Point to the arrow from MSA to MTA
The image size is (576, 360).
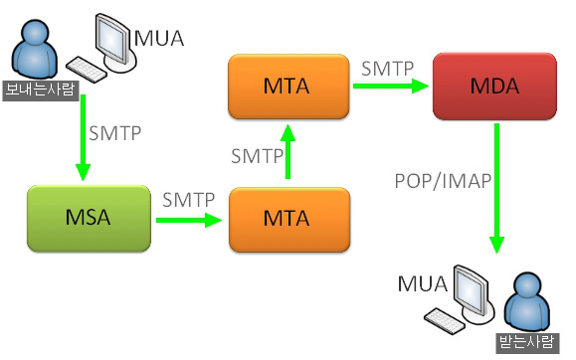tap(188, 217)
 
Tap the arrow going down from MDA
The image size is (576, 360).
tap(495, 189)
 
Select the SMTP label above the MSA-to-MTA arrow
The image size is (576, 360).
tap(189, 199)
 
